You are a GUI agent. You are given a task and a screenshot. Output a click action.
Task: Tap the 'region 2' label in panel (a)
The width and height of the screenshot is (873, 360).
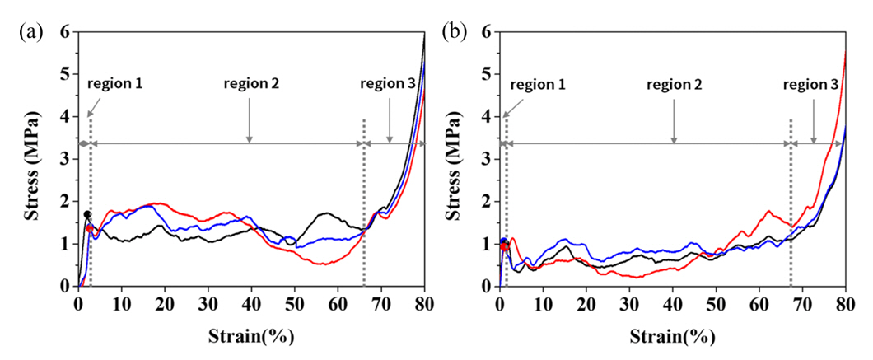250,84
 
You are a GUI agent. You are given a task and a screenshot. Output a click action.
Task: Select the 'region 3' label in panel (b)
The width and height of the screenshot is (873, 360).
811,84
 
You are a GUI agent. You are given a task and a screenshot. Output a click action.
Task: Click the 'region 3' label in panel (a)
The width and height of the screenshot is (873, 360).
390,84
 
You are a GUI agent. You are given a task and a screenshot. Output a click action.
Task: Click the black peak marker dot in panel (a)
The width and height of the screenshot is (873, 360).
86,214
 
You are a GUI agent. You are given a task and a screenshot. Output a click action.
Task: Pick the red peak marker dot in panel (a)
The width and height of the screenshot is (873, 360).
90,228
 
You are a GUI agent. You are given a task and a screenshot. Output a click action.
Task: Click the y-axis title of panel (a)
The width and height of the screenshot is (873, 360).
38,158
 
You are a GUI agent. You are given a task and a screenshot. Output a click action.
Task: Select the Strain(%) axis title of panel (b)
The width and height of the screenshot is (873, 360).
673,337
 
